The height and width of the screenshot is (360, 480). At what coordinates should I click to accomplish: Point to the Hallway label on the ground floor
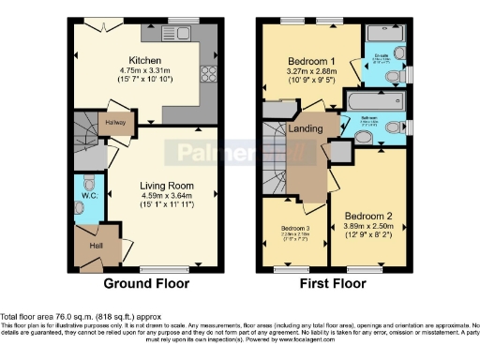[x=115, y=121]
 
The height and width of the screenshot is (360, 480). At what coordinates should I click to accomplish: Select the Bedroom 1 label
[x=311, y=59]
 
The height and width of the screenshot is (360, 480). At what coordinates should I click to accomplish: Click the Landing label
[x=307, y=128]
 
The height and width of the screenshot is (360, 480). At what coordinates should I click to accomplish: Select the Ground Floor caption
[x=145, y=283]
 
